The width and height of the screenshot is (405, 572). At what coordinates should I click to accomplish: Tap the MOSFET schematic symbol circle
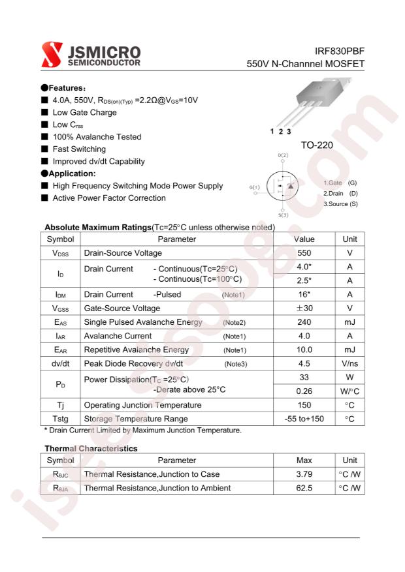[283, 186]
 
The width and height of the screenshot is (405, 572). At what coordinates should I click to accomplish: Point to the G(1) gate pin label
[254, 187]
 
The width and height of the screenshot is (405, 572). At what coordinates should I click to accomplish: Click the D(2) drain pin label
[283, 155]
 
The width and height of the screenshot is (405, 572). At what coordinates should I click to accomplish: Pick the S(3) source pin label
[283, 214]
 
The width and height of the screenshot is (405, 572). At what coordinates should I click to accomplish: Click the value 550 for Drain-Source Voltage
[304, 252]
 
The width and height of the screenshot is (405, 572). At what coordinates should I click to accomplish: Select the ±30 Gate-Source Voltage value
[304, 308]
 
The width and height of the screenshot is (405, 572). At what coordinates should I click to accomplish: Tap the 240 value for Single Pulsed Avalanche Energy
[304, 322]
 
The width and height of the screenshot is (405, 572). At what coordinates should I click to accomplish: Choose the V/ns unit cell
[349, 363]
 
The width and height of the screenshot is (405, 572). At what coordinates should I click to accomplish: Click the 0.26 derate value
[304, 391]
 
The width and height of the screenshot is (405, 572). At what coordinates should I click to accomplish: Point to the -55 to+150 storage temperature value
[304, 419]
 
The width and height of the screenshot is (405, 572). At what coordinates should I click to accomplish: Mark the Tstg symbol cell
[61, 419]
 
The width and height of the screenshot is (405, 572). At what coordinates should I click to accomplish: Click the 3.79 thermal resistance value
[304, 474]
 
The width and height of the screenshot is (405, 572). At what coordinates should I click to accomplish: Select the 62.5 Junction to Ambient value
[304, 488]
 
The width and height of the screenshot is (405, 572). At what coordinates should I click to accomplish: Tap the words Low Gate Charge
[84, 112]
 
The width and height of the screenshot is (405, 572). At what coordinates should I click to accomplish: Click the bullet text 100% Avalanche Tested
[97, 137]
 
